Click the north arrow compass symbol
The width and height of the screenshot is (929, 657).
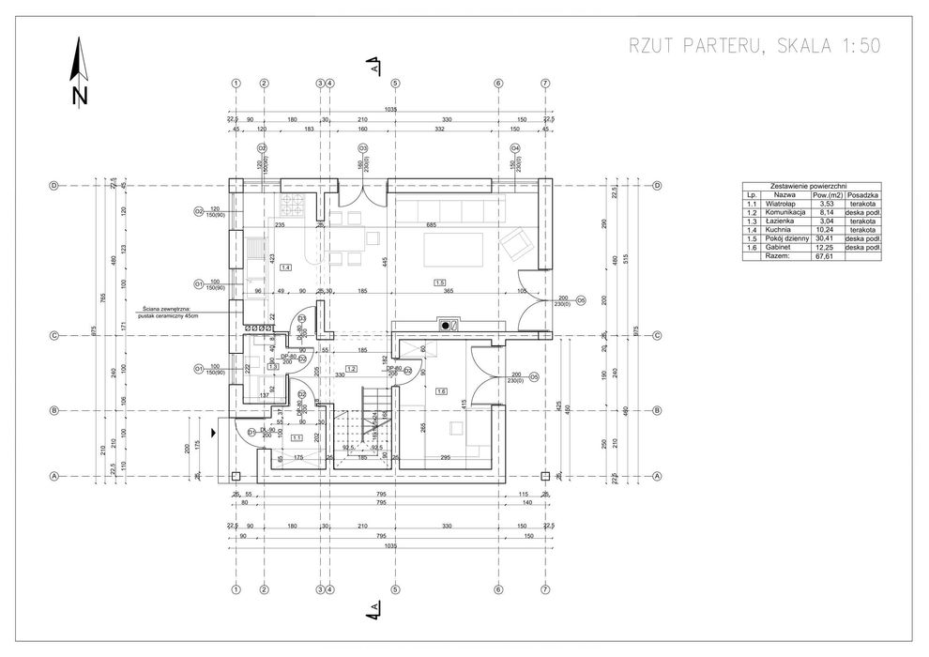80,70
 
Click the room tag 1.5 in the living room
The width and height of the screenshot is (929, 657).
438,282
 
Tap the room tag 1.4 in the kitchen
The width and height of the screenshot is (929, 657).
285,267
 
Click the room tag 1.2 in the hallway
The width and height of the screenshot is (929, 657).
351,369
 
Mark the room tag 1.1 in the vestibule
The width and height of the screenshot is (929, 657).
297,437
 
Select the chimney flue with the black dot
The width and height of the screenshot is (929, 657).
445,326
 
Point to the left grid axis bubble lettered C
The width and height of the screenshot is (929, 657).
54,335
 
